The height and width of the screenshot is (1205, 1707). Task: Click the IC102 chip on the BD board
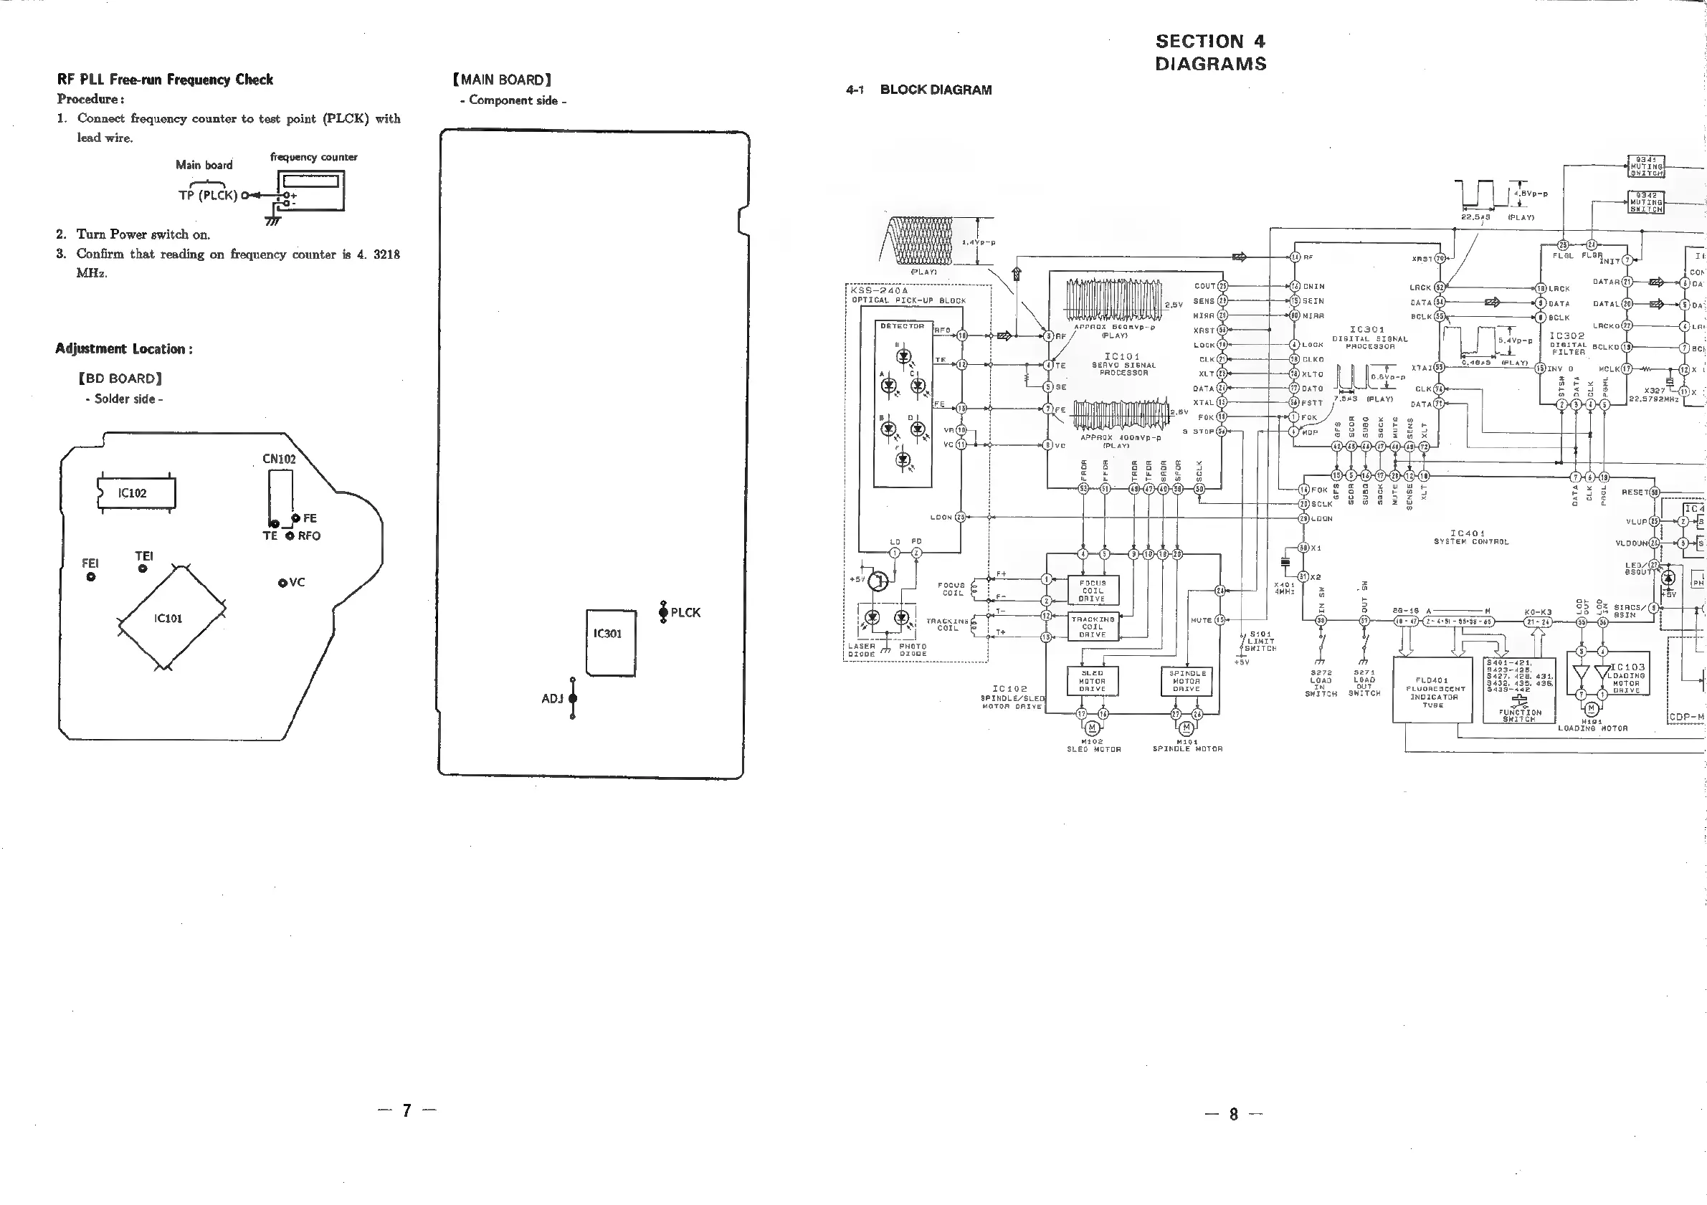click(x=135, y=493)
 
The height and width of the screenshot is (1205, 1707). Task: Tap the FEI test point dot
click(x=91, y=576)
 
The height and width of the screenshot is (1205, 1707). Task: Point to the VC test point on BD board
click(x=282, y=583)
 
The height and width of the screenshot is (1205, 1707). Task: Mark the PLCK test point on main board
click(x=663, y=611)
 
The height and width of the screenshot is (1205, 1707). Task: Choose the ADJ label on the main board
click(x=551, y=699)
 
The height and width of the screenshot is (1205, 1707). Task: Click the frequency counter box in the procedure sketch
click(x=310, y=190)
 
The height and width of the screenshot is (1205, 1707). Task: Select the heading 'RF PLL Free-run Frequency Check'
click(x=165, y=80)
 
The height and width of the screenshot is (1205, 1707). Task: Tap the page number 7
click(x=406, y=1110)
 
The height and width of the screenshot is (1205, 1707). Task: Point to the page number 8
click(x=1233, y=1113)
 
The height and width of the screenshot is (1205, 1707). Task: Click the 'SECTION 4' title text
click(x=1210, y=42)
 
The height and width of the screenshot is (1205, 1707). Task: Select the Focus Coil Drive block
click(x=1092, y=591)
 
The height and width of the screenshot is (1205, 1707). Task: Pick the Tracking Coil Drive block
click(x=1092, y=627)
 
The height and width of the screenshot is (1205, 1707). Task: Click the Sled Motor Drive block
click(x=1092, y=681)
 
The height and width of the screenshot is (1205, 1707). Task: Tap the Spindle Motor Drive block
click(x=1186, y=681)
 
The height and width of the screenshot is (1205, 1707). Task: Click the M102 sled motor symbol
click(x=1092, y=728)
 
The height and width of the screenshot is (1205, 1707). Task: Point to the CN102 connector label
click(x=279, y=459)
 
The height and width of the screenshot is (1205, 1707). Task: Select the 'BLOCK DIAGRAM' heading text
click(x=936, y=90)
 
